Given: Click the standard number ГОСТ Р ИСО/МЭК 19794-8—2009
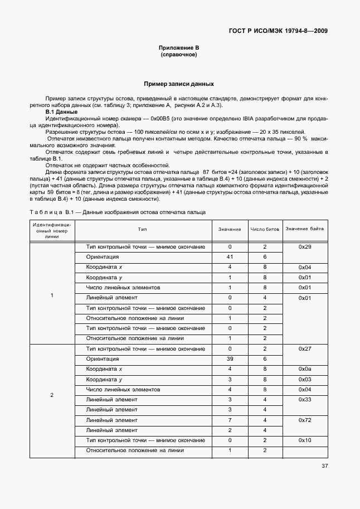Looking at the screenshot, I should coord(278,31).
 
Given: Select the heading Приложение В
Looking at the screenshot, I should coord(179,49).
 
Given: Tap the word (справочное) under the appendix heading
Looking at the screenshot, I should coord(179,55).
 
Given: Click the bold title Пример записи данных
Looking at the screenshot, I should coord(179,84).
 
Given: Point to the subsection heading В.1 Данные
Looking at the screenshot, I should coord(61,112).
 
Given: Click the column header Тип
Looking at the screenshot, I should coord(143,230).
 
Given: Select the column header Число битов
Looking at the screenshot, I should coord(265,230).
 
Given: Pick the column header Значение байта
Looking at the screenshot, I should coord(304,229).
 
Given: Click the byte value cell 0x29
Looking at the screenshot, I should coord(304,247).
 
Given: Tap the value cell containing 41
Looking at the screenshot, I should coord(230,257).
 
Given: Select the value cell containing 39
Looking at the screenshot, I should coord(230,359).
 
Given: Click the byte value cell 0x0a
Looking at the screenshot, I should coord(304,369).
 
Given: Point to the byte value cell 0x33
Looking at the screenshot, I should coord(304,400).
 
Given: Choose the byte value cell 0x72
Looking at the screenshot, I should coord(304,420).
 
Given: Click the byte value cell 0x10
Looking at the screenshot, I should coord(304,440).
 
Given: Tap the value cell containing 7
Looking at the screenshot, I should coord(230,420).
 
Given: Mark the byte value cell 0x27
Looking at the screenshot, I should coord(304,349).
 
